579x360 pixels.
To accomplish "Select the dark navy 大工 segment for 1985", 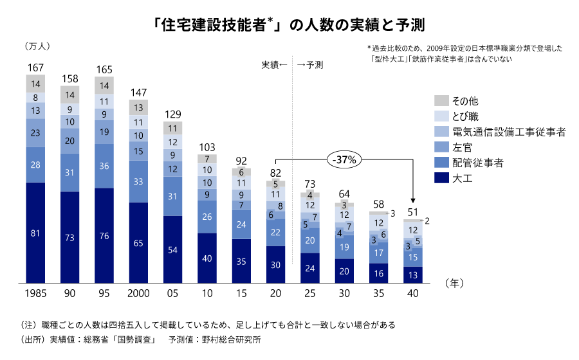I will point(35,233).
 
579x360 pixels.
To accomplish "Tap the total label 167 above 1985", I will point(35,68).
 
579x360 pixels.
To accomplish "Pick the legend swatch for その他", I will point(441,100).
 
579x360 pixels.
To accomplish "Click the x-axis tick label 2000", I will point(138,294).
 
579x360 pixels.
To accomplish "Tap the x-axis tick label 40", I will point(412,294).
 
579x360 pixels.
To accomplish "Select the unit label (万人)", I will point(37,46).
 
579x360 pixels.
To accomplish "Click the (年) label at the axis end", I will point(454,282).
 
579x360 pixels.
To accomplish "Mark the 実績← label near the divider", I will point(273,65).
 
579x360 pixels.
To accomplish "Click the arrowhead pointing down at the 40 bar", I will point(412,201).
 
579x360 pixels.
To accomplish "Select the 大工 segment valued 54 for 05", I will point(172,249).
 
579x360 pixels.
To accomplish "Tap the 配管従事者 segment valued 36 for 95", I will point(104,165).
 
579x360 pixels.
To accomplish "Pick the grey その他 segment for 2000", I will point(138,107).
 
